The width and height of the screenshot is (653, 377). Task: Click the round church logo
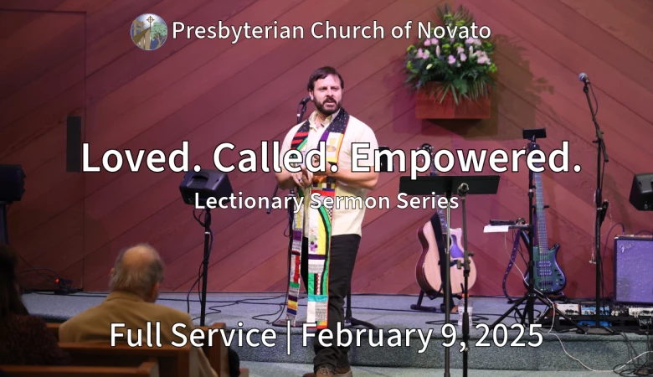tap(149, 32)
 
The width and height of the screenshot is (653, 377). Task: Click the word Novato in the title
tap(454, 31)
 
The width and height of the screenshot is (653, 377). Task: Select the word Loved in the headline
tap(136, 158)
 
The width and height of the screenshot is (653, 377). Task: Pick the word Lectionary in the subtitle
tap(249, 202)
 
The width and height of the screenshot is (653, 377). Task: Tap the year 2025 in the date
tap(508, 335)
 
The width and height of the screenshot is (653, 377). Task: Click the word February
tap(367, 336)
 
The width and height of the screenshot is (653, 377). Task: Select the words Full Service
tap(193, 335)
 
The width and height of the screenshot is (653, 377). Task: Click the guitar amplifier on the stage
tap(634, 270)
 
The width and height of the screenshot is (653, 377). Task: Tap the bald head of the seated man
tap(137, 267)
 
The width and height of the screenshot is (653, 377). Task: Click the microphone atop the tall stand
tap(584, 77)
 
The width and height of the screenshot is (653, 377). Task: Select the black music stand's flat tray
tap(450, 184)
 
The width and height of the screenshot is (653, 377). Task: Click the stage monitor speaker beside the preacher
tap(206, 188)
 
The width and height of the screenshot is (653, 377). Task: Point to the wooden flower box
tap(453, 102)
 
